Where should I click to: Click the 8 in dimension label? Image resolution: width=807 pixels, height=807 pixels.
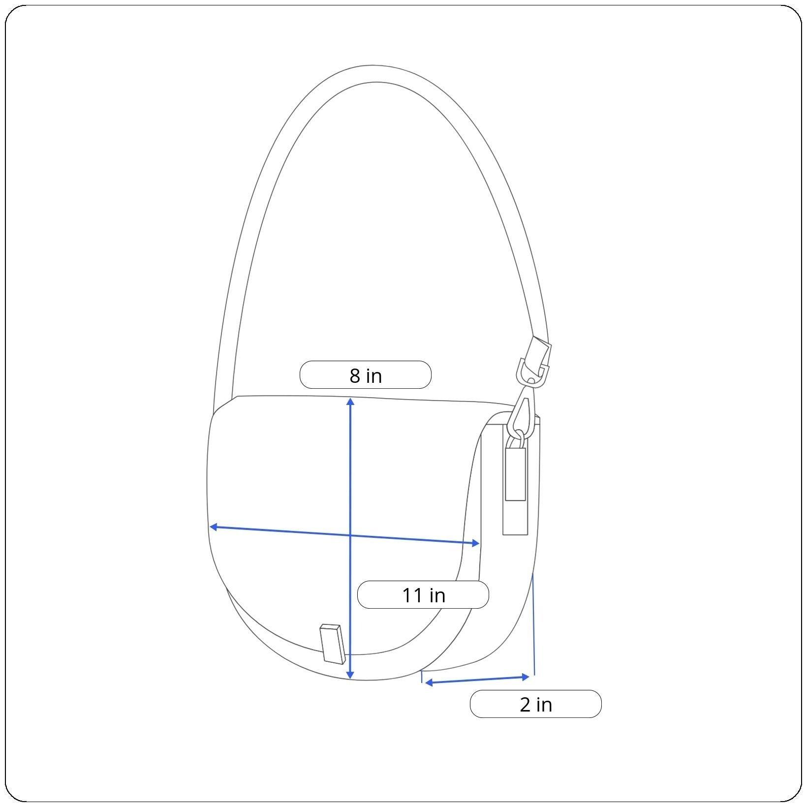[x=365, y=375]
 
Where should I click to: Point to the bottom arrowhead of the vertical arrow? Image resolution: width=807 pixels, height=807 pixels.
[x=350, y=675]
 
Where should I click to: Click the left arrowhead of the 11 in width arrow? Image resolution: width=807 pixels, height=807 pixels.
[x=213, y=527]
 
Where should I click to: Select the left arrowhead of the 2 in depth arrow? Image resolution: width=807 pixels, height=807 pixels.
[x=429, y=683]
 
